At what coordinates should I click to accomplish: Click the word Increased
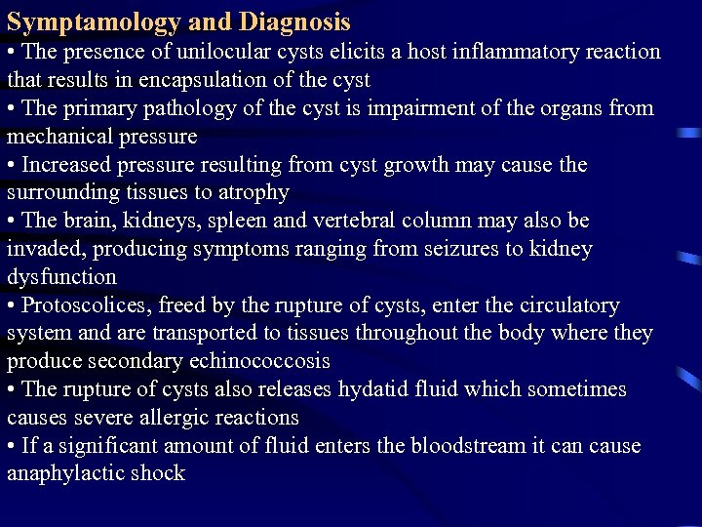tap(66, 164)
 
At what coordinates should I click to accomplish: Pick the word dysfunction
tap(61, 277)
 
